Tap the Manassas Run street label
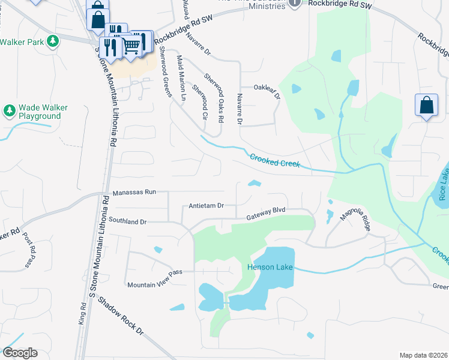tap(134, 193)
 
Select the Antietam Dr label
tap(206, 205)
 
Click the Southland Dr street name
tap(127, 221)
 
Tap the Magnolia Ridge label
tap(356, 219)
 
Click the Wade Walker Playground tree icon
tap(9, 110)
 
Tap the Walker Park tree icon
tap(53, 41)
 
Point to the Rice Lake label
tap(443, 184)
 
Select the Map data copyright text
tap(423, 355)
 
